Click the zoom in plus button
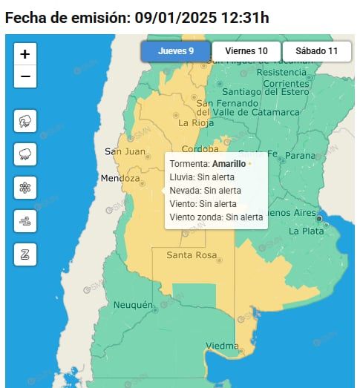25,53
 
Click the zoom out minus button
25,76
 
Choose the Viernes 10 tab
246,51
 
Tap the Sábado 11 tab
316,51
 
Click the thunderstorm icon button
25,121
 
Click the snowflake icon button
25,188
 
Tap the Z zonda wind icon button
25,254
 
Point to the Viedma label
222,346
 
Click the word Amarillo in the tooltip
229,163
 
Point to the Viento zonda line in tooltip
216,217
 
